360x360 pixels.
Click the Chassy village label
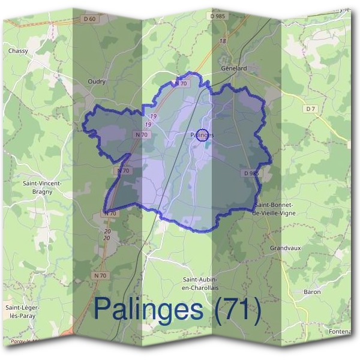click(18, 51)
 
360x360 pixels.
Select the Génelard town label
click(234, 68)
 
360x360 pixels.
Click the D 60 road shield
click(89, 19)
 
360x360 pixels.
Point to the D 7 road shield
click(310, 109)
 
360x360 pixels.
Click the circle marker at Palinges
click(202, 135)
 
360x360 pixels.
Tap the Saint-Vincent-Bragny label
click(38, 187)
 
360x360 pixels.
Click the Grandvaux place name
click(284, 247)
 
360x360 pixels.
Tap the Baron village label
click(312, 292)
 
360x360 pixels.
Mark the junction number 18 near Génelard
click(223, 41)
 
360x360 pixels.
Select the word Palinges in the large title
click(149, 309)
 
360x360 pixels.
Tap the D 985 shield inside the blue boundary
click(251, 173)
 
